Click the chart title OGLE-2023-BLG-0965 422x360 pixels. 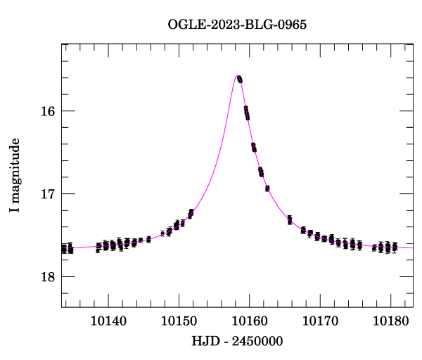pyautogui.click(x=237, y=24)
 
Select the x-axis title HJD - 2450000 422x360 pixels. pyautogui.click(x=237, y=341)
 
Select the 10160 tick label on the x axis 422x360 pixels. pyautogui.click(x=250, y=321)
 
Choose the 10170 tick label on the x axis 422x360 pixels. pyautogui.click(x=320, y=321)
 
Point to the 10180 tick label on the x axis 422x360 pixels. pyautogui.click(x=391, y=321)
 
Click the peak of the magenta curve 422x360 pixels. pyautogui.click(x=238, y=75)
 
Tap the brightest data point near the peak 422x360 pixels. pyautogui.click(x=240, y=79)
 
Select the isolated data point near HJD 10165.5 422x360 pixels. pyautogui.click(x=290, y=220)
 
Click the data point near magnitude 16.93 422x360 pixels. pyautogui.click(x=267, y=188)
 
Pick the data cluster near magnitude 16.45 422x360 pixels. pyautogui.click(x=254, y=147)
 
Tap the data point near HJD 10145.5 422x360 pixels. pyautogui.click(x=148, y=239)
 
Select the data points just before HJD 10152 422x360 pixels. pyautogui.click(x=191, y=213)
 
